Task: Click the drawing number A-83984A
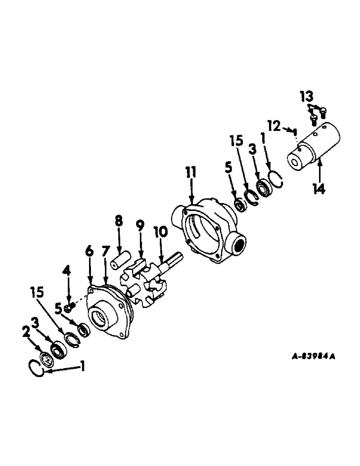[313, 357]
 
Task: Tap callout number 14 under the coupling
[319, 189]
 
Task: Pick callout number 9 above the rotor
[140, 228]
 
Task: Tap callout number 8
[119, 221]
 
